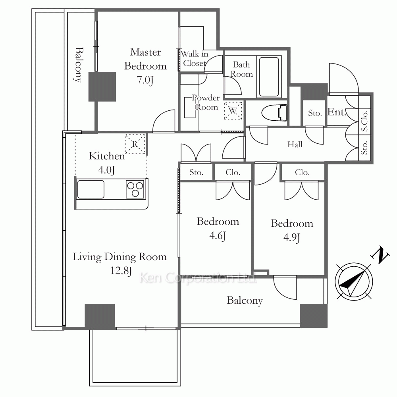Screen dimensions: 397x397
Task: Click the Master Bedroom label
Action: [145, 59]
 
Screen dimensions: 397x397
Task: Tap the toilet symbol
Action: [274, 113]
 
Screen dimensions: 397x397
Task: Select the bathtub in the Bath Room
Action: [269, 77]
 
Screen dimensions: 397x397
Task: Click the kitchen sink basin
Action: [91, 189]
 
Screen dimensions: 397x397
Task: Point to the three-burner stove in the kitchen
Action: [135, 189]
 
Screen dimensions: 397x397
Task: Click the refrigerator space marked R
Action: [135, 144]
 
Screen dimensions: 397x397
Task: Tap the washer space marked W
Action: [233, 110]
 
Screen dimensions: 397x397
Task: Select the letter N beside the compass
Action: [380, 255]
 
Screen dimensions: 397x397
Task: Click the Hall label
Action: [295, 145]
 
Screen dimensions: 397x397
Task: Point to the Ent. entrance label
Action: [337, 112]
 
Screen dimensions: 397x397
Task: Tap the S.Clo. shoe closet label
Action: [364, 121]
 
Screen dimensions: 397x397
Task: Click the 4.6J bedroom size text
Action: [218, 236]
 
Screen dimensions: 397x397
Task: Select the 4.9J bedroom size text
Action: [292, 238]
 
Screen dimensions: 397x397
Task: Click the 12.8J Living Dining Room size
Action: [121, 271]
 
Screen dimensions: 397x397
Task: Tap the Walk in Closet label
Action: [195, 58]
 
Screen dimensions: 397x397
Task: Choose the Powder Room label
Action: [206, 102]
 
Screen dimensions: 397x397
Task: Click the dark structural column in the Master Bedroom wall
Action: [102, 87]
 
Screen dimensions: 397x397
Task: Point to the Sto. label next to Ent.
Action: [315, 113]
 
